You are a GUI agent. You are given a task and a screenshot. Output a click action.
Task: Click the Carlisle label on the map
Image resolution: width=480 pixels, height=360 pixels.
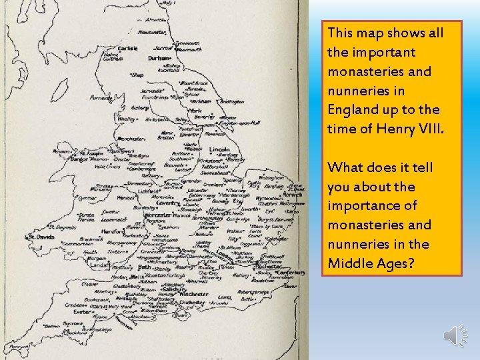click(x=128, y=49)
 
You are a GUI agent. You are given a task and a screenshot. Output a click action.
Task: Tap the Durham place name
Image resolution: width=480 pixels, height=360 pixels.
click(x=159, y=58)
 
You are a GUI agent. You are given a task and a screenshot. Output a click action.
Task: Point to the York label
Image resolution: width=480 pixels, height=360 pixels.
click(x=195, y=110)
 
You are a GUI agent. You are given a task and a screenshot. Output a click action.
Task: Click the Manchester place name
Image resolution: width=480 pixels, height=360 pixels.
click(x=131, y=139)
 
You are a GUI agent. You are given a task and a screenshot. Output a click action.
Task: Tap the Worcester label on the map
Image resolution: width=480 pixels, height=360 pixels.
click(x=157, y=217)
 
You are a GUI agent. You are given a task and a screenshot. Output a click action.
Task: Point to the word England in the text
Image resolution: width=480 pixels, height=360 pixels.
click(x=351, y=109)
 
